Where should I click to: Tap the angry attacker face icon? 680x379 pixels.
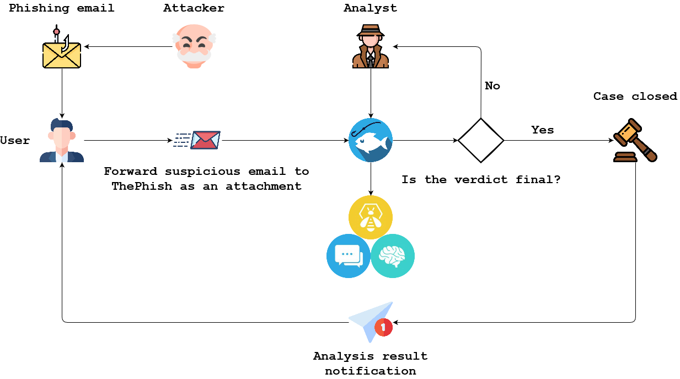coord(194,46)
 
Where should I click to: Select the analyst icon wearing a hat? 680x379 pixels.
coord(371,46)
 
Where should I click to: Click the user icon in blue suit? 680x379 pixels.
coord(62,141)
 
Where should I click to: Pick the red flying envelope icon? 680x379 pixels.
coord(204,140)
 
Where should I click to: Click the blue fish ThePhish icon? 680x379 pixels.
coord(371,140)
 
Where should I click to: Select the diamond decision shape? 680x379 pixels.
coord(481,140)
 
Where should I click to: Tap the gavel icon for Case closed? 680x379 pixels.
coord(635,141)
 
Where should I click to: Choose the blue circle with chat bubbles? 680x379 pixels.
coord(349,256)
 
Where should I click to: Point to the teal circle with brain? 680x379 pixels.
coord(393,256)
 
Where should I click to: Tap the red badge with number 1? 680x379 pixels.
coord(383,328)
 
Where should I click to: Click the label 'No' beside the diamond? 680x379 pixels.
coord(492,86)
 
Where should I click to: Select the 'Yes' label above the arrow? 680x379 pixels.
coord(543,130)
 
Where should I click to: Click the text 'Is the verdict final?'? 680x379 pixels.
coord(481,180)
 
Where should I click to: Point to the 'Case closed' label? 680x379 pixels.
coord(635,97)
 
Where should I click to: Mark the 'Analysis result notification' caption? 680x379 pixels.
coord(371,364)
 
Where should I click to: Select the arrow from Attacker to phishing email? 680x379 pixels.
coord(128,47)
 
